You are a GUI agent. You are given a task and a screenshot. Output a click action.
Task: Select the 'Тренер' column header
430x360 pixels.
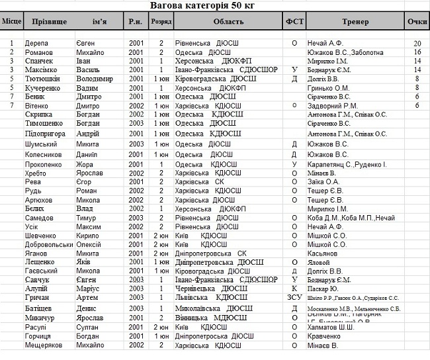356,21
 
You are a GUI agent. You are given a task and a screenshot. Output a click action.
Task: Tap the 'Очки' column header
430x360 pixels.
417,21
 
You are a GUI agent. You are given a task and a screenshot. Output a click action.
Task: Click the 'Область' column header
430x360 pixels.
228,21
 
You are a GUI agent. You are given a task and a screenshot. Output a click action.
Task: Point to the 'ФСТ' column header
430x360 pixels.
294,21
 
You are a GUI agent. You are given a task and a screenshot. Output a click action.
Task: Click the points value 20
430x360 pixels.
417,43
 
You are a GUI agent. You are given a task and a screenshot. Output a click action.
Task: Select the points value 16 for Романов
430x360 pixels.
417,52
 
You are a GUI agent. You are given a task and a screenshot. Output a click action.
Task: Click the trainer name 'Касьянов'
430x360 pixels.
323,253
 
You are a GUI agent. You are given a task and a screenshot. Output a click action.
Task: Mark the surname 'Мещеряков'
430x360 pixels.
46,345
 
